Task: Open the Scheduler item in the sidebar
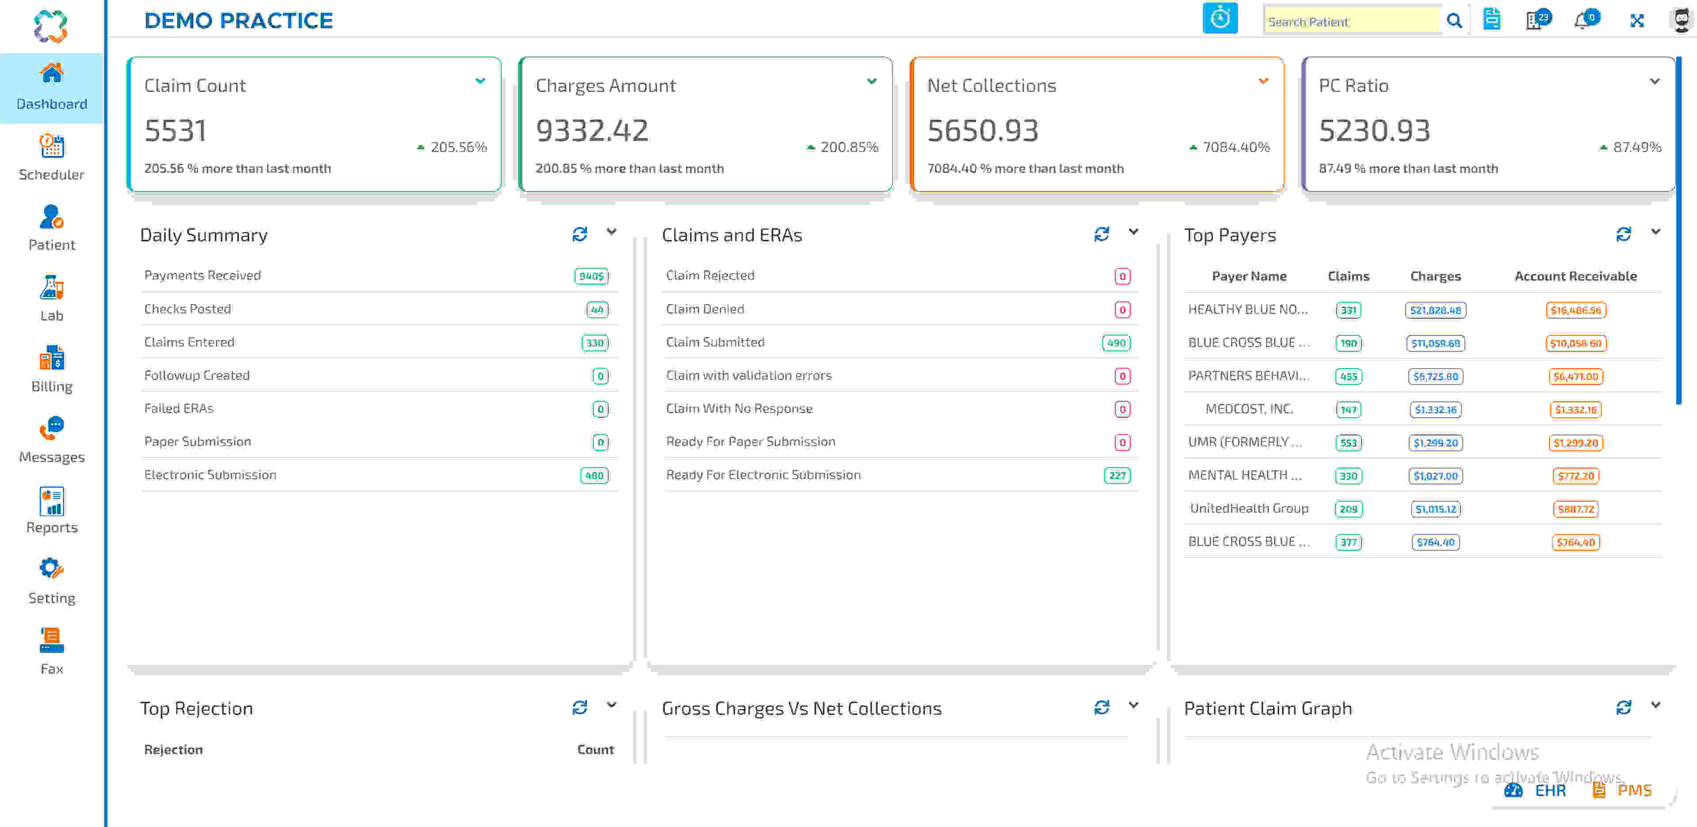coord(51,157)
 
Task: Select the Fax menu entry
coord(51,651)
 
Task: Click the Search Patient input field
coord(1350,21)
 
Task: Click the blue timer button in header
coord(1220,19)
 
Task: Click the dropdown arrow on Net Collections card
coord(1263,81)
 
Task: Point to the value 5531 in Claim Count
coord(175,130)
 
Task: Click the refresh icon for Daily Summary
coord(579,234)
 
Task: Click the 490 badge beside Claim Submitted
coord(1116,343)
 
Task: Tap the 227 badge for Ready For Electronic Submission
coord(1117,475)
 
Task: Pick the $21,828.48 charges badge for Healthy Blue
coord(1435,310)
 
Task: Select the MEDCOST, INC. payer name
coord(1249,408)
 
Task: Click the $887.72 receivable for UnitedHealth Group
coord(1575,509)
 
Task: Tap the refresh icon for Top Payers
coord(1623,234)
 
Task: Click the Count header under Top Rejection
coord(595,749)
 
